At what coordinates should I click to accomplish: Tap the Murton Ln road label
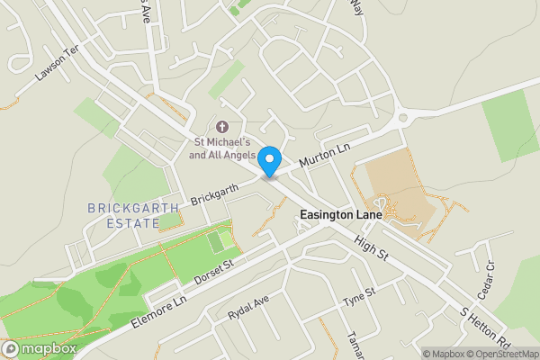pyautogui.click(x=323, y=150)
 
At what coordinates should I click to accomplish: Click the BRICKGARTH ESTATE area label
pyautogui.click(x=134, y=215)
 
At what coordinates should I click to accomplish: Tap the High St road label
pyautogui.click(x=370, y=250)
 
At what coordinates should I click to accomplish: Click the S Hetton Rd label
pyautogui.click(x=486, y=328)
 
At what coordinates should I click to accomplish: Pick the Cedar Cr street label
pyautogui.click(x=490, y=277)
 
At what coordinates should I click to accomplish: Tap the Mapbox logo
pyautogui.click(x=39, y=348)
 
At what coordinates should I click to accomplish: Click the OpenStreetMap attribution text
pyautogui.click(x=505, y=354)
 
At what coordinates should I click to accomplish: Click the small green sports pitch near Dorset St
pyautogui.click(x=216, y=242)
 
